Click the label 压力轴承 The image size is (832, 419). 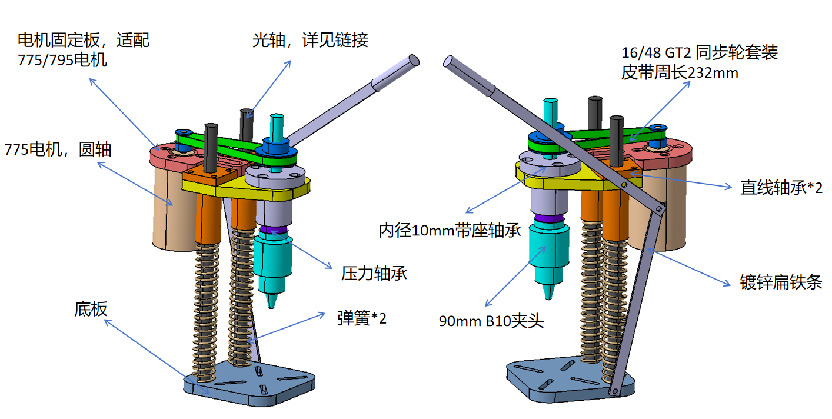click(x=374, y=273)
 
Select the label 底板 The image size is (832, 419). click(x=91, y=308)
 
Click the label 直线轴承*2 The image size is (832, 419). click(x=781, y=187)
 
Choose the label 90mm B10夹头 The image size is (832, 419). click(x=491, y=321)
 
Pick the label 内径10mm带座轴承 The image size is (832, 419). click(x=450, y=230)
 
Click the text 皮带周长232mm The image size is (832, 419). click(x=680, y=74)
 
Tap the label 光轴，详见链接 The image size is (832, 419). click(x=310, y=40)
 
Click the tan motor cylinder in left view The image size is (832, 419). click(x=171, y=212)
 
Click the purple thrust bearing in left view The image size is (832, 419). click(x=272, y=230)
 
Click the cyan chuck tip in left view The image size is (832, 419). click(x=272, y=299)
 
